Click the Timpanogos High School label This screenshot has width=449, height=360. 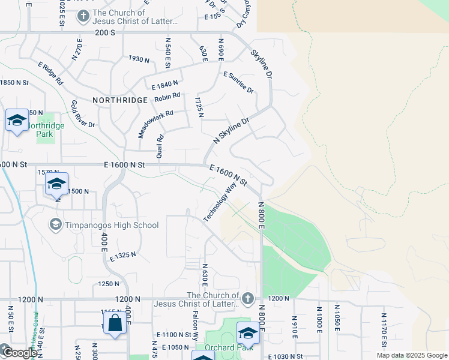(112, 225)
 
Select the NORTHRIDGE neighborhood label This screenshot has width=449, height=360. (120, 100)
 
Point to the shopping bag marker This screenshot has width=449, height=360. (115, 323)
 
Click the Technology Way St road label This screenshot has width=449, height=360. (220, 203)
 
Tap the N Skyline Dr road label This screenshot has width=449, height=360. (231, 130)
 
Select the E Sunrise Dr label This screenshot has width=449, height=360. (238, 82)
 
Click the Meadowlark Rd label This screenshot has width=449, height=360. (155, 124)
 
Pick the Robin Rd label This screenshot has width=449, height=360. (167, 97)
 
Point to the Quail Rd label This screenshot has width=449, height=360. (160, 146)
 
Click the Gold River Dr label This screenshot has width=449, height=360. (83, 114)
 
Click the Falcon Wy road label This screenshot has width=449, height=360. (195, 326)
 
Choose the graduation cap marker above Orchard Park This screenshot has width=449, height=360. (247, 332)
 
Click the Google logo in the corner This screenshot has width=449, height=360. (19, 353)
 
